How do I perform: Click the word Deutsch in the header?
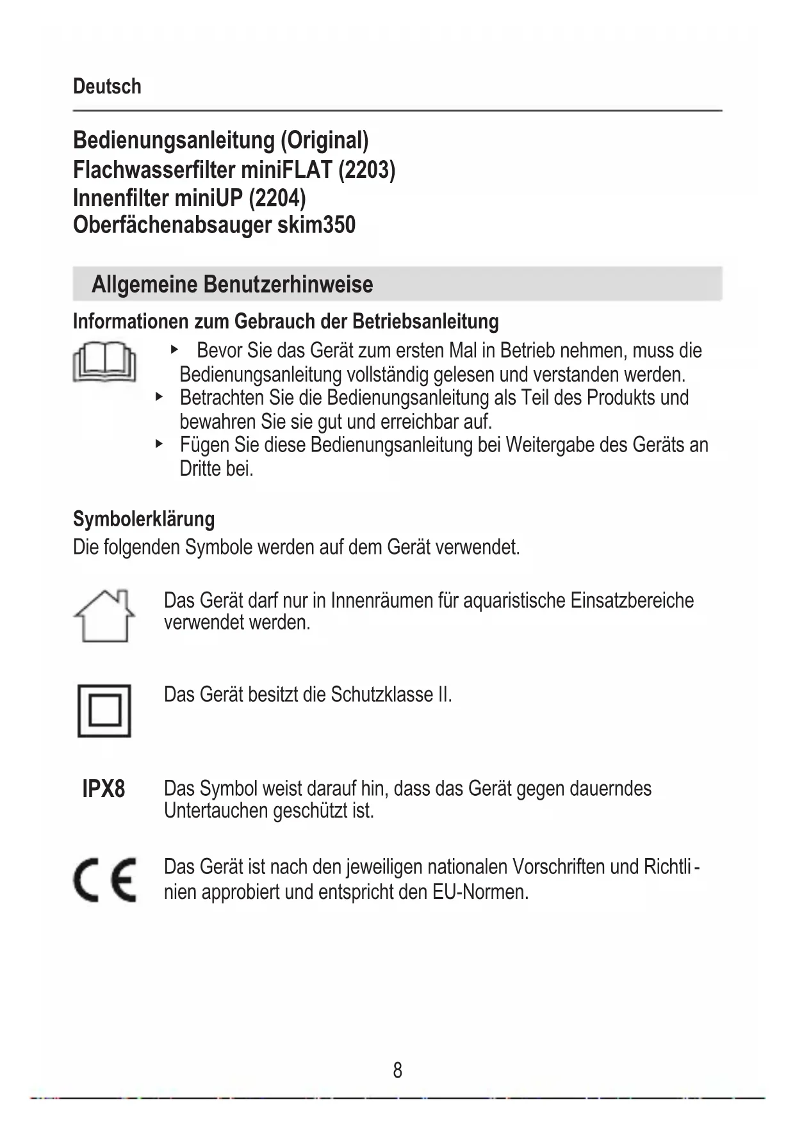click(x=107, y=86)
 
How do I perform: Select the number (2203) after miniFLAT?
click(x=366, y=170)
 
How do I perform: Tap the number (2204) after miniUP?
click(x=277, y=198)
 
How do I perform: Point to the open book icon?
click(x=104, y=362)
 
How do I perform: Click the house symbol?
click(x=104, y=616)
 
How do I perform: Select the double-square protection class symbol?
click(x=104, y=711)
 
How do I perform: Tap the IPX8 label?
click(x=104, y=789)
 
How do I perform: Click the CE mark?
click(x=104, y=880)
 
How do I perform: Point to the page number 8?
click(x=397, y=1070)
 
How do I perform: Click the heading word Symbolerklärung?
click(x=143, y=519)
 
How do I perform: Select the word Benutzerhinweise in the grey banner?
click(x=288, y=284)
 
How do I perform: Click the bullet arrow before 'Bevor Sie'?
click(x=174, y=350)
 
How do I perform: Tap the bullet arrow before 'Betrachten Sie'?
click(x=159, y=397)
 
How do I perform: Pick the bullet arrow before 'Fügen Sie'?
click(x=159, y=444)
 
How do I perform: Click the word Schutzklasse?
click(x=382, y=695)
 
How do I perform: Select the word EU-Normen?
click(x=480, y=891)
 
